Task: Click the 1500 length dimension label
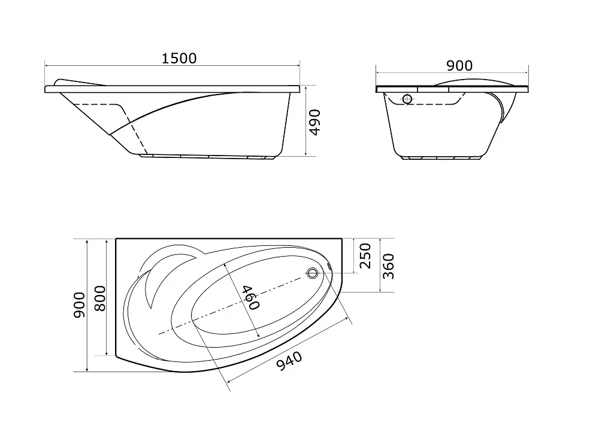(179, 59)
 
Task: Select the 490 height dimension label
(315, 122)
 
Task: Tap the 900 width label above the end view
(459, 66)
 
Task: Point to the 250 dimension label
(365, 255)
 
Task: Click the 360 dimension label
(388, 266)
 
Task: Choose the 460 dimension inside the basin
(250, 297)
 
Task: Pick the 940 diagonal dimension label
(289, 361)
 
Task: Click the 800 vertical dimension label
(100, 299)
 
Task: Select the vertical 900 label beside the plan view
(80, 305)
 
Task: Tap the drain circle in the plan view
(313, 273)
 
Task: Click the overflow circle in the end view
(407, 99)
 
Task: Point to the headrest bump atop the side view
(80, 83)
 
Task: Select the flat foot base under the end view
(442, 158)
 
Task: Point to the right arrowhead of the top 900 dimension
(527, 72)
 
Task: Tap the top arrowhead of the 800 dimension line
(105, 242)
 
